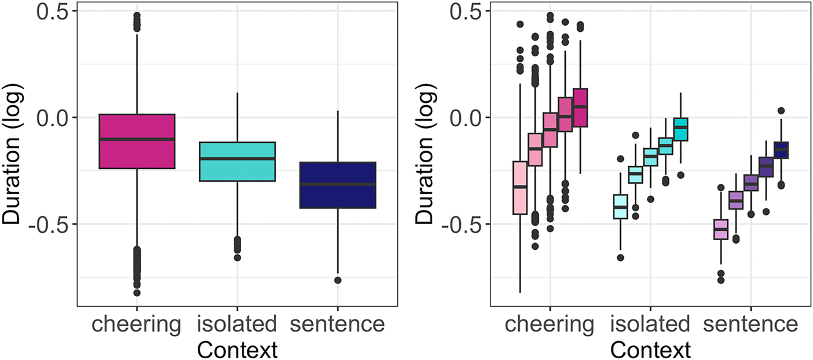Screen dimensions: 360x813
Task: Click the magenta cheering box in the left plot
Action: [137, 141]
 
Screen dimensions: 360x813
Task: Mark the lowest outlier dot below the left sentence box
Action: [337, 280]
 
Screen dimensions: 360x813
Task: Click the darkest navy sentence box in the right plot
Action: [781, 150]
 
